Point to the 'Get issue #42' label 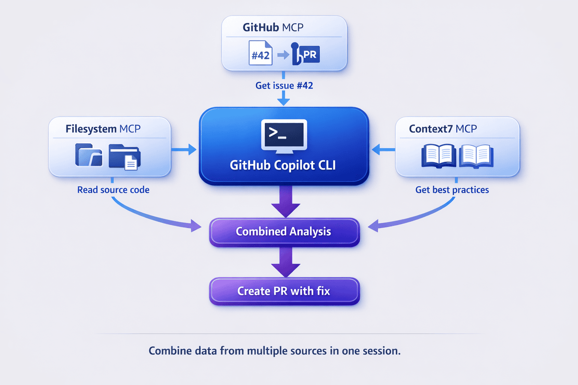point(284,86)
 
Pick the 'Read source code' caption point(113,190)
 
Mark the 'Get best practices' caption point(452,190)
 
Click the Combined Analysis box point(284,231)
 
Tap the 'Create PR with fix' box point(284,291)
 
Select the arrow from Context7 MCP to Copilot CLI point(383,150)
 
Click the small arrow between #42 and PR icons point(282,55)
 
